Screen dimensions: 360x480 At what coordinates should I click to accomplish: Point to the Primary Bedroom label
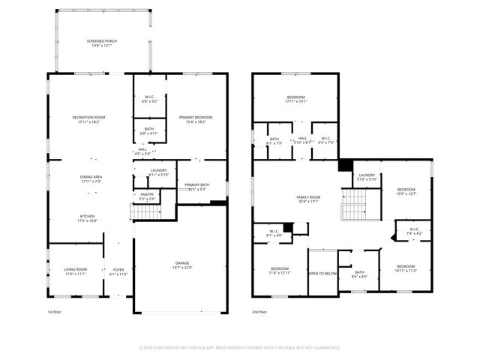tap(195, 118)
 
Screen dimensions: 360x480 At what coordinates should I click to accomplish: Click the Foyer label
tap(118, 269)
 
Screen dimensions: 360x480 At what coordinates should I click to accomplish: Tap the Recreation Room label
tap(88, 117)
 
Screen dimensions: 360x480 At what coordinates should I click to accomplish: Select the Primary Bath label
tap(196, 184)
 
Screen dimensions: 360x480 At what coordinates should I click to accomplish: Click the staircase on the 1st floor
tap(146, 211)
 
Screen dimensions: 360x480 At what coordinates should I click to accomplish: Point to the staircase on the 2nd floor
tap(354, 204)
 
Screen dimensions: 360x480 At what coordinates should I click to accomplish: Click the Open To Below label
tap(323, 274)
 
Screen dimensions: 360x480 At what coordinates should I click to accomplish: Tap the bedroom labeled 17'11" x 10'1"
tap(296, 98)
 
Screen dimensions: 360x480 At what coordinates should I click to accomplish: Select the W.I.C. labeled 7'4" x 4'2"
tap(415, 230)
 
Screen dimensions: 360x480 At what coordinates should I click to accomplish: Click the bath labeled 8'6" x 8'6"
tap(359, 272)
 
